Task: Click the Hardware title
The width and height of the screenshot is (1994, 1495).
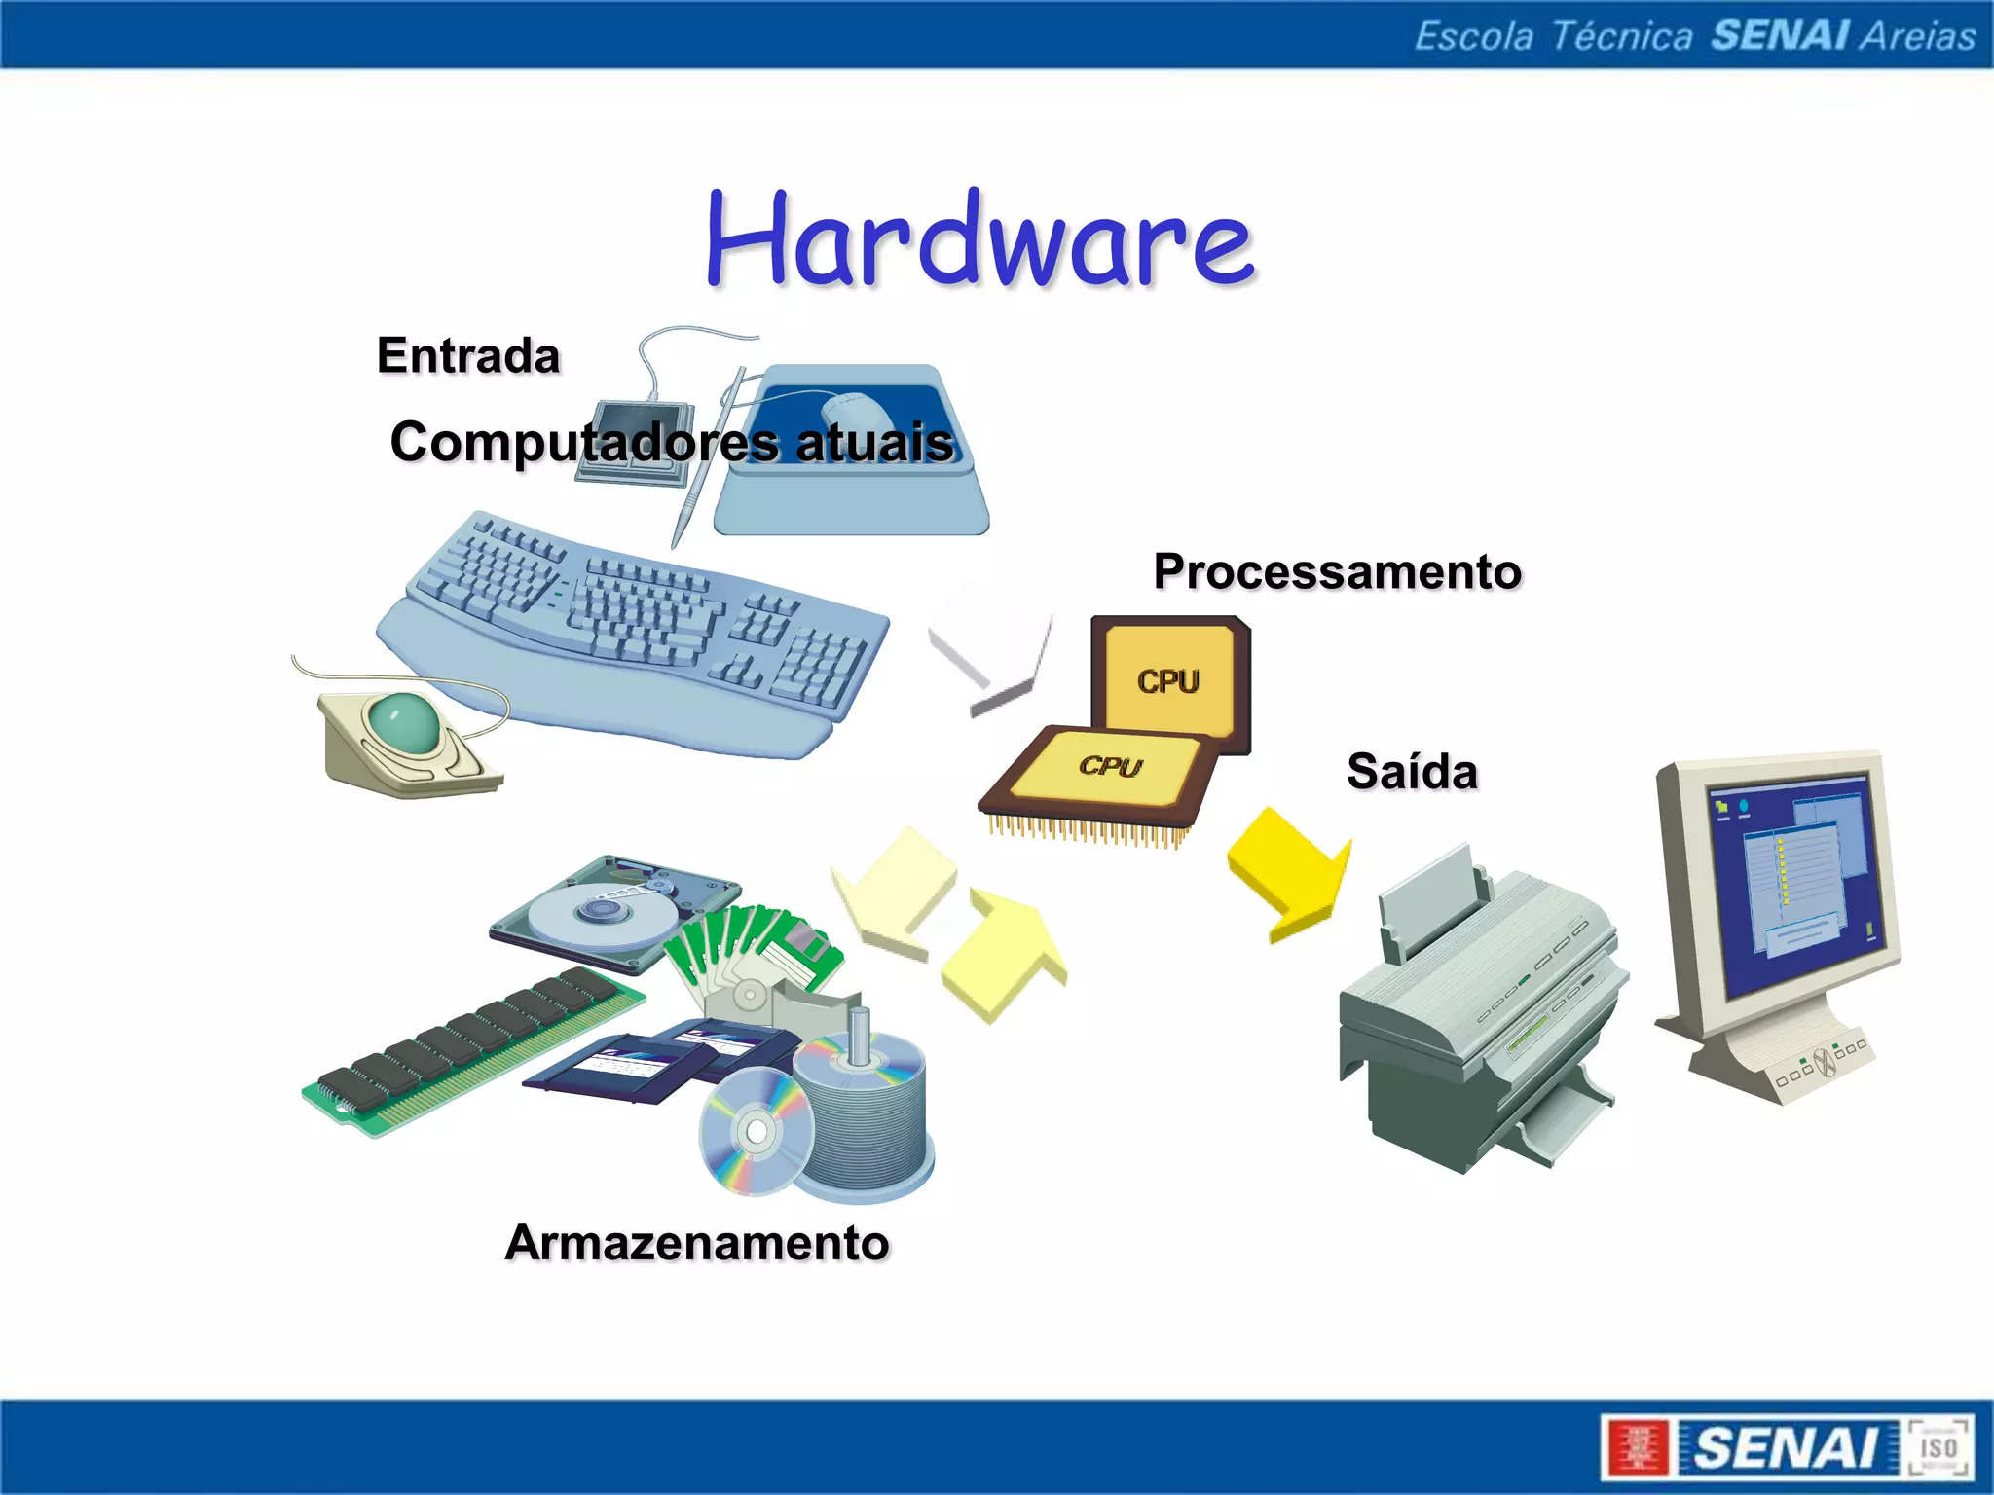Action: pyautogui.click(x=979, y=240)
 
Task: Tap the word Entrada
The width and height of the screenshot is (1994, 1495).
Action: pyautogui.click(x=468, y=356)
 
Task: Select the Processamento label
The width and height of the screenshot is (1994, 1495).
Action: pyautogui.click(x=1337, y=571)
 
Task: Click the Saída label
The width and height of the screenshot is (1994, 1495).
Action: pyautogui.click(x=1412, y=773)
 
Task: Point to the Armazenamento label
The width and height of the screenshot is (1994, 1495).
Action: pyautogui.click(x=697, y=1244)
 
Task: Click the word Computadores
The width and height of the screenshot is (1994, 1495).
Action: pyautogui.click(x=583, y=443)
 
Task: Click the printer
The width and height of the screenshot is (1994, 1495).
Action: pyautogui.click(x=1480, y=1012)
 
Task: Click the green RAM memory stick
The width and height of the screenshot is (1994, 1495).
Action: pyautogui.click(x=472, y=1051)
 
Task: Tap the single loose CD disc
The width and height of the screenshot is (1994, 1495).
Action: pyautogui.click(x=755, y=1132)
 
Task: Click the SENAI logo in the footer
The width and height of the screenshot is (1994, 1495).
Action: pyautogui.click(x=1787, y=1448)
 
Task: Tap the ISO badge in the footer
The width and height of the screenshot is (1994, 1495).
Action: pyautogui.click(x=1939, y=1448)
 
